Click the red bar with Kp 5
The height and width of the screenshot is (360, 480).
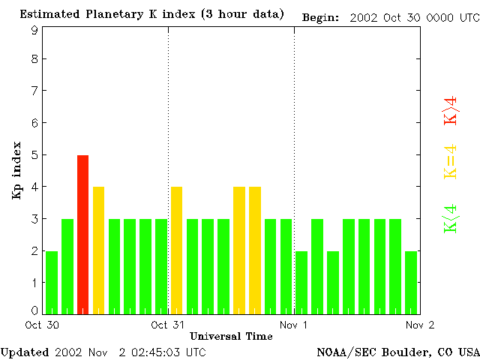coord(82,234)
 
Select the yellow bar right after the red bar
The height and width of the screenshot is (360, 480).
coord(98,250)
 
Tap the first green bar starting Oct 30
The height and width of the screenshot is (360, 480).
coord(52,282)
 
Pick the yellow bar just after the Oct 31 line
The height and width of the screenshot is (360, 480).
coord(176,250)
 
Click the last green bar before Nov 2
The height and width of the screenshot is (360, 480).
coord(411,282)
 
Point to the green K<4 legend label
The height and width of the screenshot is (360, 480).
coord(451,219)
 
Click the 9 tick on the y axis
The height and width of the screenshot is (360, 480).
coord(34,31)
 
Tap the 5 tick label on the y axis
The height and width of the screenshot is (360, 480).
coord(34,155)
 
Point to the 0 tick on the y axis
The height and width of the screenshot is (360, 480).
coord(34,310)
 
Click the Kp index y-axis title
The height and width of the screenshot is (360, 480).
coord(16,170)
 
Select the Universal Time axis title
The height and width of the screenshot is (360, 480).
coord(231,336)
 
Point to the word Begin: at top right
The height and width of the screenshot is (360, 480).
coord(320,16)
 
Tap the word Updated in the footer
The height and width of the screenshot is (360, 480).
coord(25,351)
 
